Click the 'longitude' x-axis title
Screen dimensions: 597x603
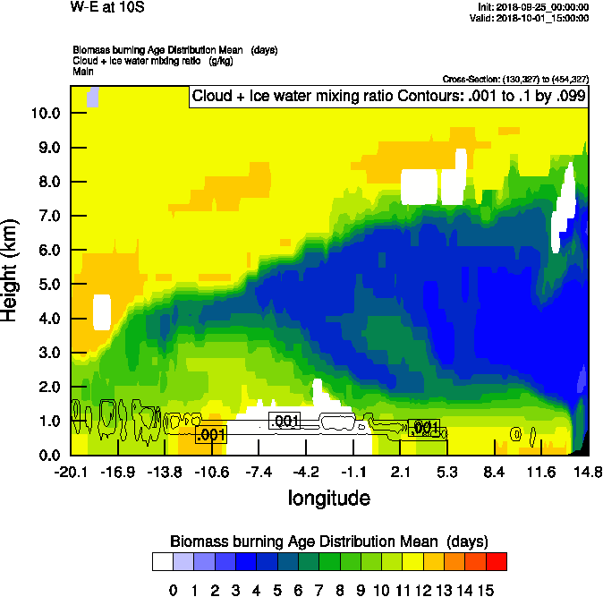tap(328, 498)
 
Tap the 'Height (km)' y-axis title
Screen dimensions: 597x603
tap(12, 269)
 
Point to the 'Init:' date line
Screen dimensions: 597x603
tap(534, 7)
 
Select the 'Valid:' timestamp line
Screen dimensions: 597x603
tap(534, 17)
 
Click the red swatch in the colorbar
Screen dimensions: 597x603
tap(497, 562)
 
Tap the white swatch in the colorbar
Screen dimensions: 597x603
tap(162, 562)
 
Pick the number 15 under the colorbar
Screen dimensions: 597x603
tap(485, 590)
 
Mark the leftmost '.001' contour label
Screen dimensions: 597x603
tap(210, 435)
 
